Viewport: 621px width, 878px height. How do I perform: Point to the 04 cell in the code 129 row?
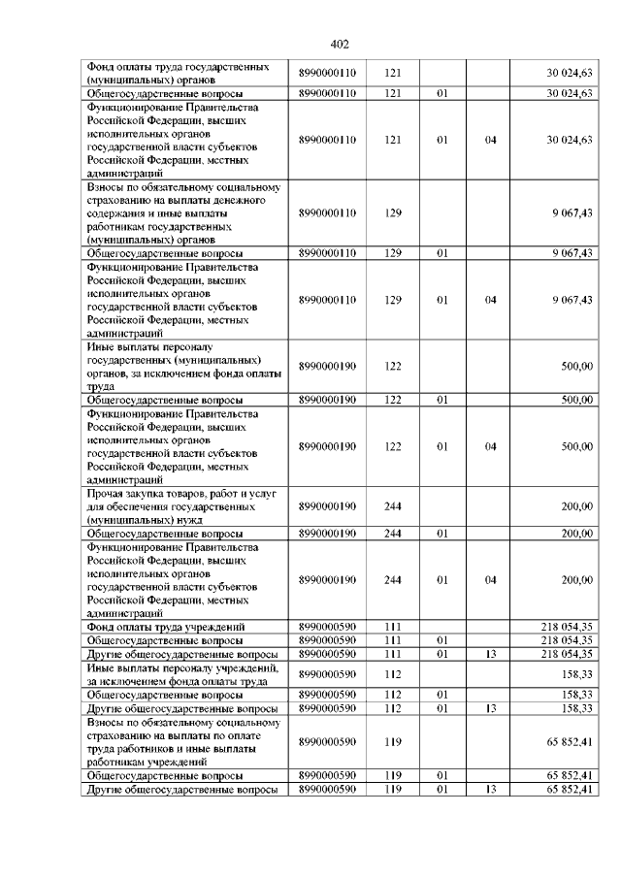[x=490, y=300]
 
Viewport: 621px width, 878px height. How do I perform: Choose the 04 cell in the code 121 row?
[x=490, y=140]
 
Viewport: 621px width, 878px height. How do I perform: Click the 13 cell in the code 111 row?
[x=490, y=655]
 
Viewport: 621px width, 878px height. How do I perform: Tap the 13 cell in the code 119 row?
[x=490, y=790]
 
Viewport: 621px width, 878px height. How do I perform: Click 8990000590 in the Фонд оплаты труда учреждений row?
[x=328, y=628]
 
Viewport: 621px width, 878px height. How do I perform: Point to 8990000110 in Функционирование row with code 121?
[x=328, y=140]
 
